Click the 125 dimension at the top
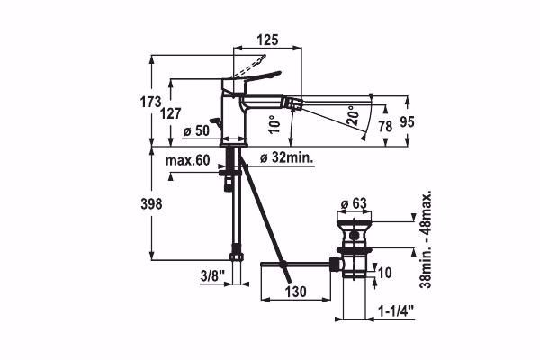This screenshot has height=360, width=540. click(265, 40)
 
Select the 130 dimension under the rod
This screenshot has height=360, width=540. click(297, 292)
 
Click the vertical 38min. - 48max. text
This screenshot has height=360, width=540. click(427, 238)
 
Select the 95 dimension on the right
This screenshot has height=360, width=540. click(407, 120)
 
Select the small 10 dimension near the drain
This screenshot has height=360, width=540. click(384, 272)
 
